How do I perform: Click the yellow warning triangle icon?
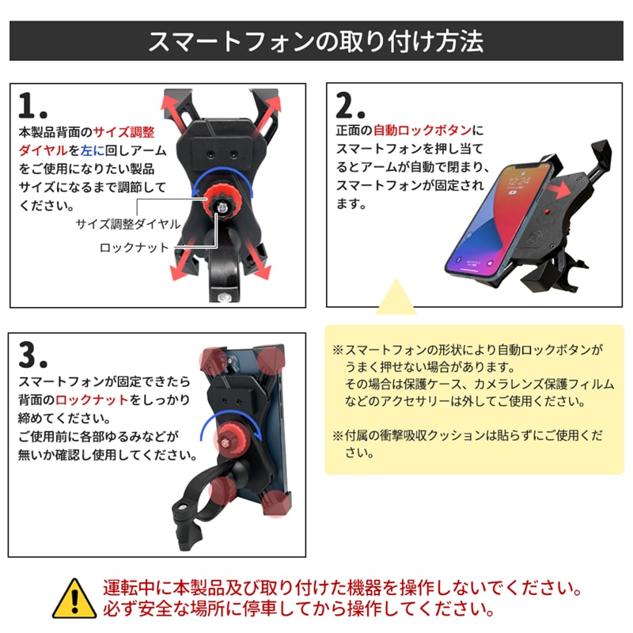(74, 600)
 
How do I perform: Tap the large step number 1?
(32, 105)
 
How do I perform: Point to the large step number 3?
(32, 354)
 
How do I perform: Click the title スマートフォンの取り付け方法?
(316, 41)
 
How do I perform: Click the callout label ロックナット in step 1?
(134, 248)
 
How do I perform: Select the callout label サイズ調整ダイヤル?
(128, 224)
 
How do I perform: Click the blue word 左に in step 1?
(93, 150)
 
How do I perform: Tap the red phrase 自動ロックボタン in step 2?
(422, 130)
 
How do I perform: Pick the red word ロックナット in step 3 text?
(92, 400)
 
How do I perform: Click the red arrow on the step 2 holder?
(559, 189)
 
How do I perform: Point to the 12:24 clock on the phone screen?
(519, 180)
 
